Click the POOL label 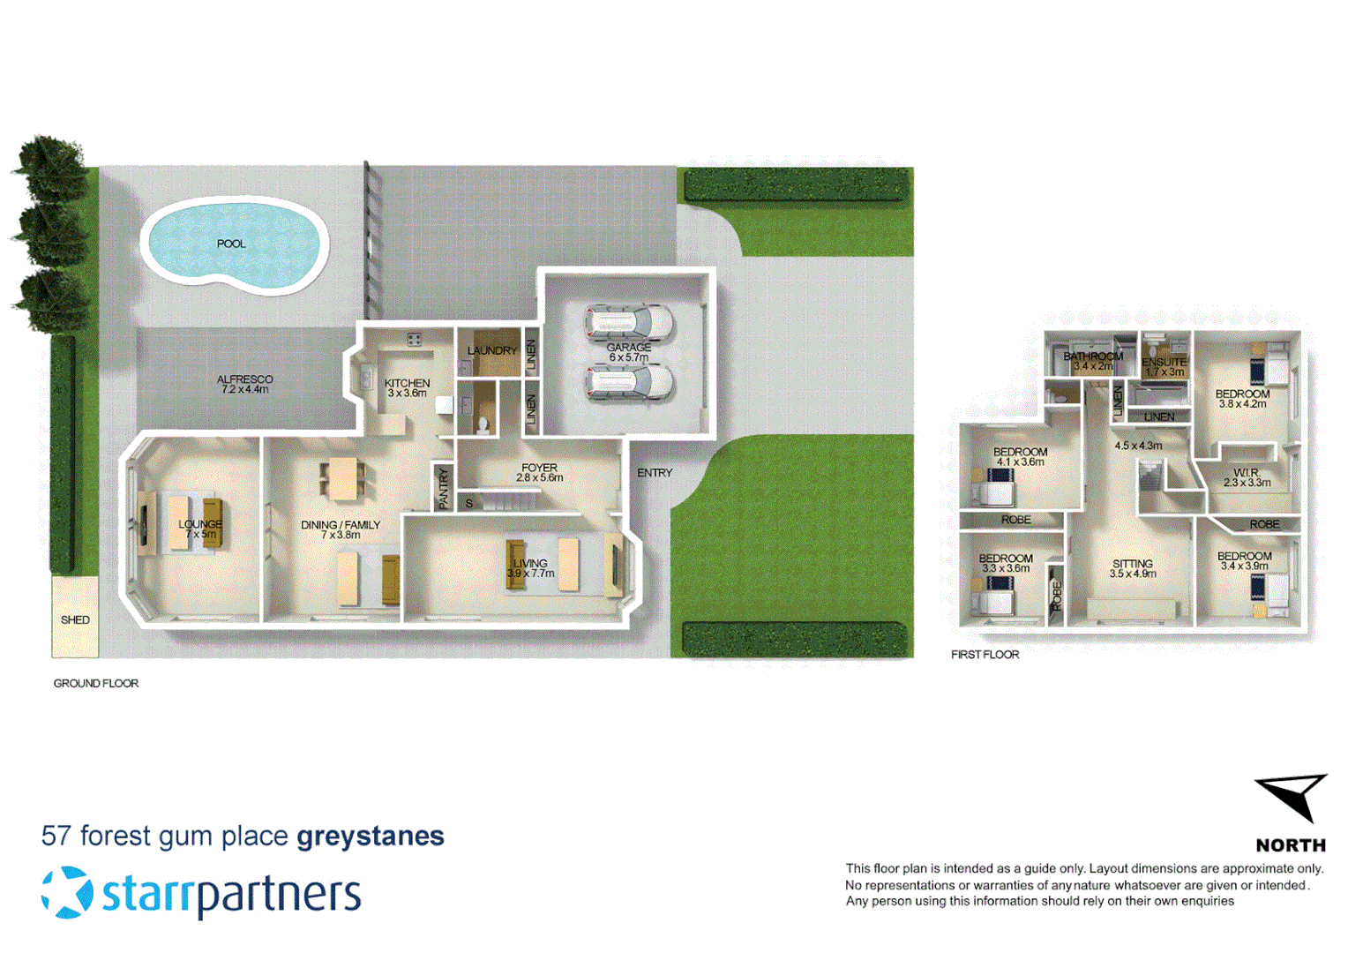[231, 244]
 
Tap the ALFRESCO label [244, 379]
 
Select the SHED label [75, 619]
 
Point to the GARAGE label [628, 348]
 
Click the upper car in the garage [629, 322]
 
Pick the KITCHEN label [407, 383]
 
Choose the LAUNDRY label [491, 350]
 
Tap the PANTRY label [444, 488]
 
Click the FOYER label [539, 468]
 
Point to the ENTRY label [655, 473]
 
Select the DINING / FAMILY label [341, 524]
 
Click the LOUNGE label [200, 524]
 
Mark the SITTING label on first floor [1132, 563]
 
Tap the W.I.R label [1246, 473]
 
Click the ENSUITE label [1164, 362]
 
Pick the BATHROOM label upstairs [1093, 356]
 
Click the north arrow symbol [1292, 795]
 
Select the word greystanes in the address [371, 836]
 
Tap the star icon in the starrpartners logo [67, 892]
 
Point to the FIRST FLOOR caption [985, 655]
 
